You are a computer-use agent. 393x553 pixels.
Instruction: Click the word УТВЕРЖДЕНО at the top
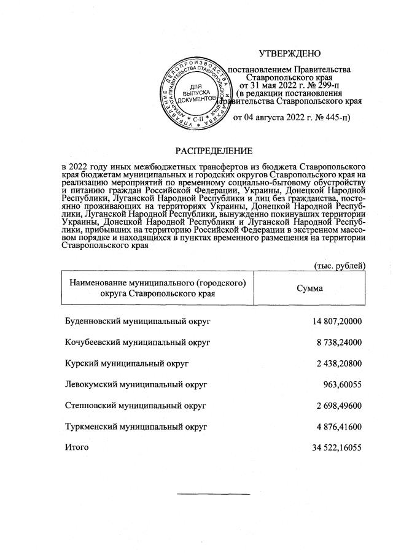pyautogui.click(x=290, y=55)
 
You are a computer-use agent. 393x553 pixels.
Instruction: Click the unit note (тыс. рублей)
pyautogui.click(x=339, y=265)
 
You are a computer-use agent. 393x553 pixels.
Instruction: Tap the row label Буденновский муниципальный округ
pyautogui.click(x=138, y=321)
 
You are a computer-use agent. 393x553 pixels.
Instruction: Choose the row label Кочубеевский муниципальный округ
pyautogui.click(x=138, y=342)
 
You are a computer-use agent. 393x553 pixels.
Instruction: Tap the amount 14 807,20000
pyautogui.click(x=337, y=321)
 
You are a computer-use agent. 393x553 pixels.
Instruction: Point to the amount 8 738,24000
pyautogui.click(x=339, y=342)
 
